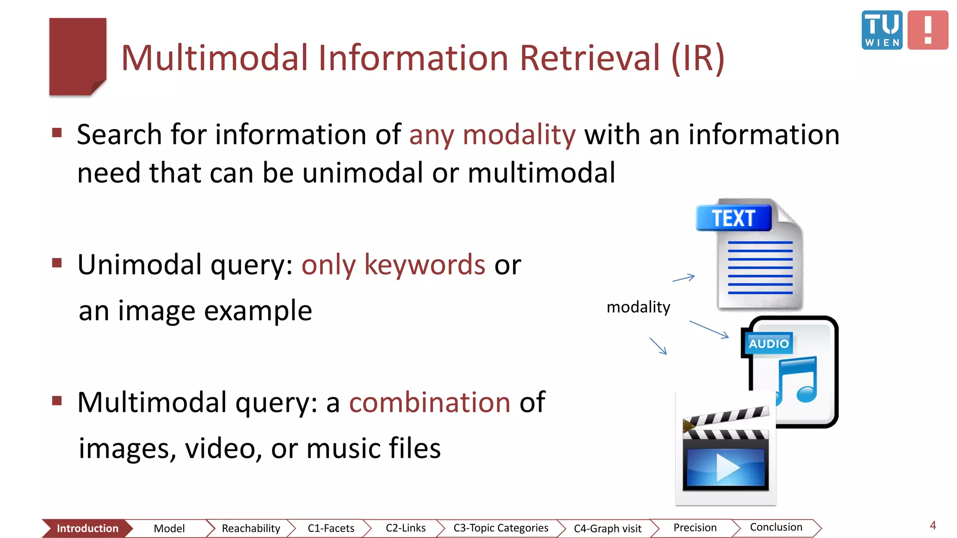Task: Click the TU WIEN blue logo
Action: [881, 30]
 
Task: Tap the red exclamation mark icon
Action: [928, 30]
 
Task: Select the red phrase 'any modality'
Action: [492, 135]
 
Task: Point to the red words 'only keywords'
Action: [393, 265]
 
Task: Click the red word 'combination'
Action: [429, 402]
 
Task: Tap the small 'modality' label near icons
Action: [638, 307]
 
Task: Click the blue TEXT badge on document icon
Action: [733, 218]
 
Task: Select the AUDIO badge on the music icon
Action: [768, 344]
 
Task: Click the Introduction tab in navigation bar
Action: [87, 528]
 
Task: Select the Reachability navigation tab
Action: [250, 528]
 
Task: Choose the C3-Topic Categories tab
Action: [500, 528]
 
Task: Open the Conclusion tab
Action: [776, 527]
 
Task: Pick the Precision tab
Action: [695, 528]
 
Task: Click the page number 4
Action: [933, 525]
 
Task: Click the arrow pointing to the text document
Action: [684, 278]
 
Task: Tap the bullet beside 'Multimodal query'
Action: [57, 401]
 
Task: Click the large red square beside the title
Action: [78, 57]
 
